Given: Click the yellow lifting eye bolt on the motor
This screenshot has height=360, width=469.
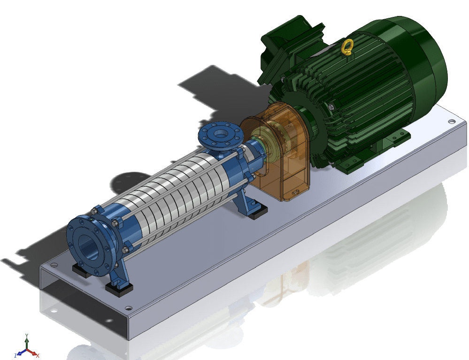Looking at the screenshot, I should [347, 47].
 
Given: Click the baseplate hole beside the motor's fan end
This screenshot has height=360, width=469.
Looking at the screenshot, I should [451, 122].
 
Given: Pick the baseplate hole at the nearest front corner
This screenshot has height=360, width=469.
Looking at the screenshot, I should [128, 309].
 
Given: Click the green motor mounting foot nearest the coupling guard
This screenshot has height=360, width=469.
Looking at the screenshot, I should [350, 163].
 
